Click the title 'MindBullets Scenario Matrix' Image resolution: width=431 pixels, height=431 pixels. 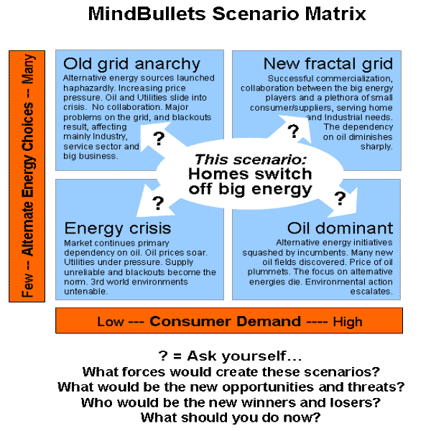coord(226,14)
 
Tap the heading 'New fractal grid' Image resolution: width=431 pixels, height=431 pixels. coord(328,64)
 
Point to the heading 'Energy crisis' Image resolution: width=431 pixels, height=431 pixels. coord(118,228)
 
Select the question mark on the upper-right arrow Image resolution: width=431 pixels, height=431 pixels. coord(292,131)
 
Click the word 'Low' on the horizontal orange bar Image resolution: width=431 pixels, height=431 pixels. coord(110,321)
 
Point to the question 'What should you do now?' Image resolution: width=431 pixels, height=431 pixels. coord(230,417)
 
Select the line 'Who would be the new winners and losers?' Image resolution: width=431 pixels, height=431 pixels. coord(230,402)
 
